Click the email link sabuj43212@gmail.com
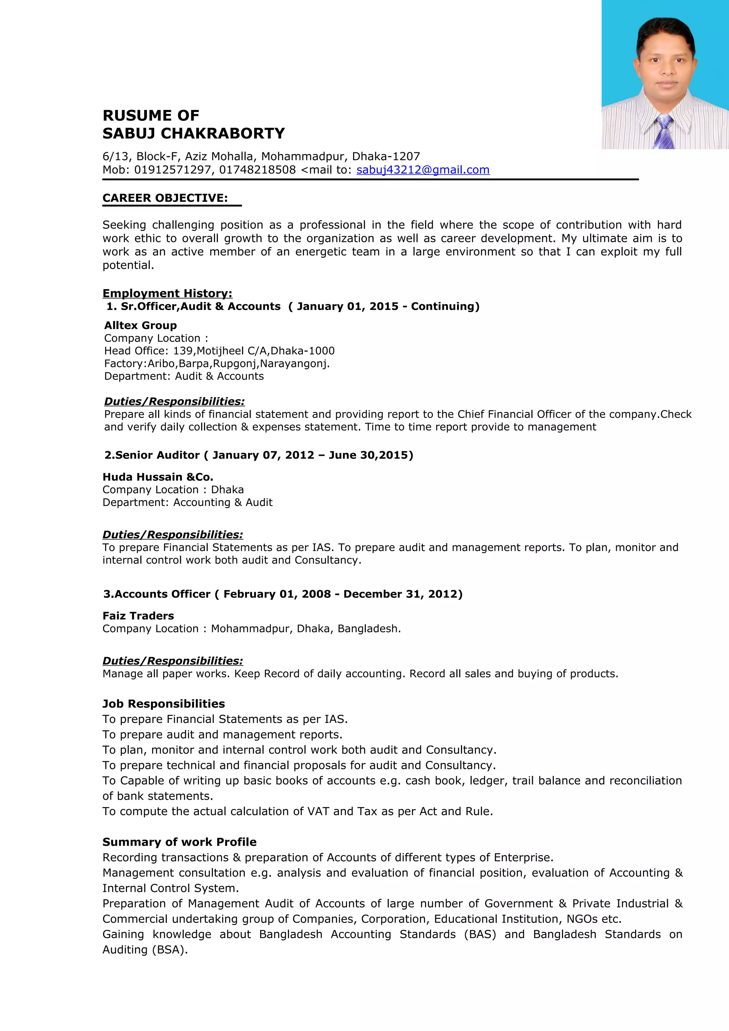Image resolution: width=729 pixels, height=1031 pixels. [423, 170]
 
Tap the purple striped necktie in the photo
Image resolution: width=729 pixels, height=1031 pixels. [664, 132]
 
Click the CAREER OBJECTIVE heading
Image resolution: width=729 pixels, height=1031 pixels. [165, 198]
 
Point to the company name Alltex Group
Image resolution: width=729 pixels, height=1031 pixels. [141, 325]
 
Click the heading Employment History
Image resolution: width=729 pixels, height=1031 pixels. [167, 293]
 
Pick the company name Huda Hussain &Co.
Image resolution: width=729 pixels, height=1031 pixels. [158, 477]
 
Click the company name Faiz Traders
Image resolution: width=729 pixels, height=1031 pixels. [138, 615]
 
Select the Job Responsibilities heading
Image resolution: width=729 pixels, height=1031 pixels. [163, 704]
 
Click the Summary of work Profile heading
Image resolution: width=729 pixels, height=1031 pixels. [179, 842]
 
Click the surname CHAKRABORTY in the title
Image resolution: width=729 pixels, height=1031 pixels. [223, 133]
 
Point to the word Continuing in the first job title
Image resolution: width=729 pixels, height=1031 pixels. [445, 306]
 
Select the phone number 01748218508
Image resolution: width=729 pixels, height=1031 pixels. [257, 170]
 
